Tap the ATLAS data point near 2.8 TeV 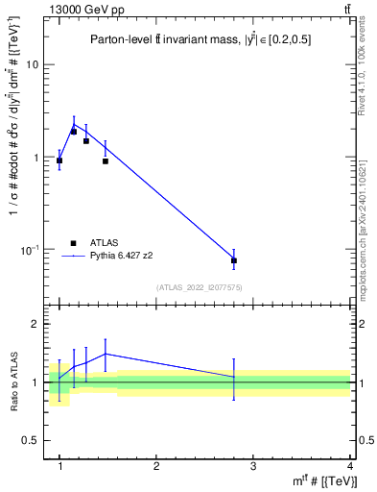click(234, 260)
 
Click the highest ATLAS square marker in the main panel click(73, 132)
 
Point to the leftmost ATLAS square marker click(59, 161)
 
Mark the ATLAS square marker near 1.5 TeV click(106, 161)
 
